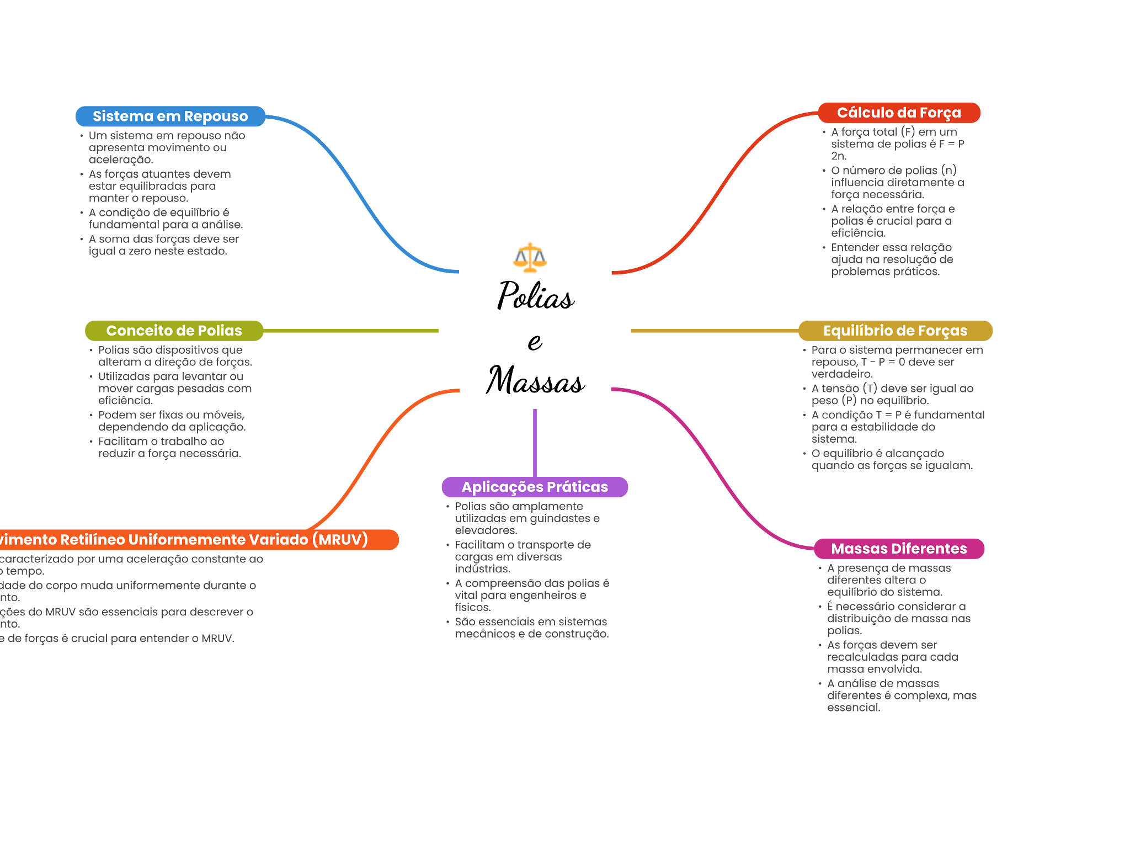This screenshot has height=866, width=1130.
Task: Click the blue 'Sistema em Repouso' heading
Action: click(x=170, y=116)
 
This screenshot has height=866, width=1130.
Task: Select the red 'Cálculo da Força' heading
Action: click(x=899, y=113)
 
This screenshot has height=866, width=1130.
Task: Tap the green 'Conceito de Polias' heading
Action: click(x=174, y=331)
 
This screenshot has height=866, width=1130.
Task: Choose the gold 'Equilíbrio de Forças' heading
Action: click(x=895, y=331)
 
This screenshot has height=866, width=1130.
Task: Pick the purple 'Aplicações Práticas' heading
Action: click(x=535, y=487)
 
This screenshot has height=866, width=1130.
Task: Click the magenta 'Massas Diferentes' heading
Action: click(x=899, y=549)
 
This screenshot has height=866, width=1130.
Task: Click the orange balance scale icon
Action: click(x=530, y=258)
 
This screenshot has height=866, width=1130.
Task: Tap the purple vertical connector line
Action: click(x=535, y=442)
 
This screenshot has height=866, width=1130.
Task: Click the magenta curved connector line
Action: click(x=712, y=469)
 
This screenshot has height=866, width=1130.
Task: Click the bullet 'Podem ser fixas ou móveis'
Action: click(x=172, y=421)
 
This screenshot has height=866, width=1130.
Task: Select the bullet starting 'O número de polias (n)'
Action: click(x=897, y=183)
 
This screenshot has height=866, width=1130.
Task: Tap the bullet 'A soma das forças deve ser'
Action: click(x=164, y=245)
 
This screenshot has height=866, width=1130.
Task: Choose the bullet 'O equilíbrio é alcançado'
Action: click(x=892, y=460)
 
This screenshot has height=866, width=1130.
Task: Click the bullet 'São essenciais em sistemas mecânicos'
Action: click(x=531, y=628)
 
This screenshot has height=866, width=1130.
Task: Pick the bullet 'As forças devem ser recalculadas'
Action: click(x=892, y=657)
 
